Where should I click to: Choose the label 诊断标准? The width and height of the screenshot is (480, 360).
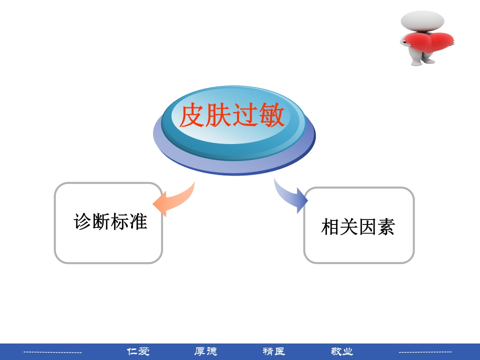110,221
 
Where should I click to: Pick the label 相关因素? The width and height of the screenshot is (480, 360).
358,227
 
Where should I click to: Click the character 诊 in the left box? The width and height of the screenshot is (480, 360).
83,221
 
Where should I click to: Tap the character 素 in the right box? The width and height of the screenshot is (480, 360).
386,227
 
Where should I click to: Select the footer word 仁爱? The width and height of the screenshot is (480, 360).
138,351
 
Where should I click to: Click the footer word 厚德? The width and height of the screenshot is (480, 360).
205,351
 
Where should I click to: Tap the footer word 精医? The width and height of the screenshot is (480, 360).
273,351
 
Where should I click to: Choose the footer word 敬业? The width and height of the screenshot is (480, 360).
342,351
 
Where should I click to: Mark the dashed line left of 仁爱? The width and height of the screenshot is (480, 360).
53,352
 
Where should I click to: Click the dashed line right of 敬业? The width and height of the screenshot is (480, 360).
425,352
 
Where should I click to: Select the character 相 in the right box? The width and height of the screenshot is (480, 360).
330,227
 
